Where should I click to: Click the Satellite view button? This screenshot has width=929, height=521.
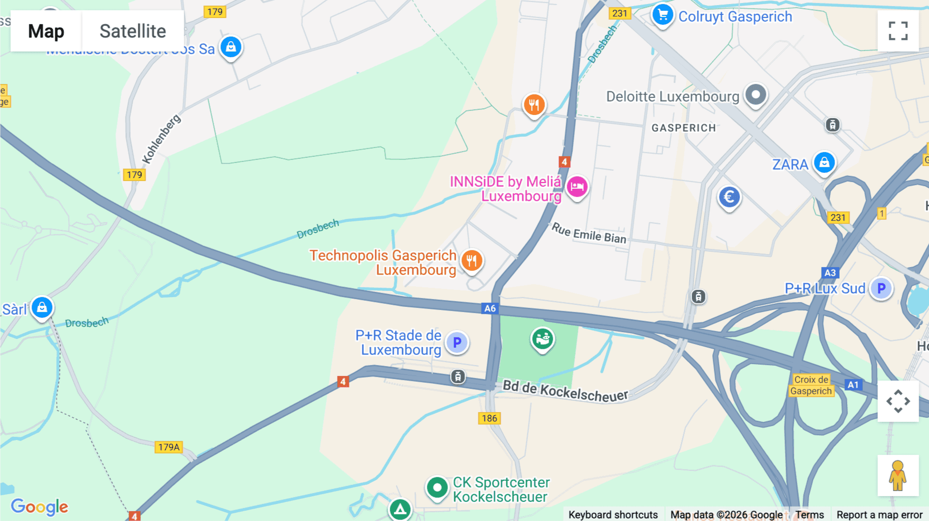pyautogui.click(x=133, y=31)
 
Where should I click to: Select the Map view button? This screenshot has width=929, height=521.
pyautogui.click(x=46, y=31)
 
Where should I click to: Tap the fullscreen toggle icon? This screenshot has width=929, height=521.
pyautogui.click(x=898, y=31)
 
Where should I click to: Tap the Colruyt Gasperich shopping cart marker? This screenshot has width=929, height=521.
pyautogui.click(x=663, y=15)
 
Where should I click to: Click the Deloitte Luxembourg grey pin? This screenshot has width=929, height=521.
pyautogui.click(x=756, y=95)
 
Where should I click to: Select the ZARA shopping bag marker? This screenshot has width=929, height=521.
pyautogui.click(x=824, y=163)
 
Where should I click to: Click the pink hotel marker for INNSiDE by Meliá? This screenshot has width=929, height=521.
pyautogui.click(x=577, y=187)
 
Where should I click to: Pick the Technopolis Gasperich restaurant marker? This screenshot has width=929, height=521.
pyautogui.click(x=472, y=261)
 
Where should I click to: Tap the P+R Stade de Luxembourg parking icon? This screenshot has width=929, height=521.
pyautogui.click(x=457, y=343)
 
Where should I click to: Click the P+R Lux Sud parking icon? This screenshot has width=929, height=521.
pyautogui.click(x=882, y=288)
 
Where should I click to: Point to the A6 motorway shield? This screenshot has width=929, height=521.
pyautogui.click(x=490, y=308)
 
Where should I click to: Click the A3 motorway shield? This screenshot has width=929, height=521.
pyautogui.click(x=830, y=273)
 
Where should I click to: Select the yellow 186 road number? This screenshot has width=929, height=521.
pyautogui.click(x=489, y=418)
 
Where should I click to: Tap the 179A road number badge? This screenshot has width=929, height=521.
pyautogui.click(x=169, y=447)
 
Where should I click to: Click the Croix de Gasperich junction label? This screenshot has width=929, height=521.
pyautogui.click(x=811, y=385)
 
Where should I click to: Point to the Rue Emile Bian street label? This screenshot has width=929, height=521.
pyautogui.click(x=589, y=233)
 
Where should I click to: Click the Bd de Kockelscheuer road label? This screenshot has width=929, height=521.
pyautogui.click(x=565, y=390)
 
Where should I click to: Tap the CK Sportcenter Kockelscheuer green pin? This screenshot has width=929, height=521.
pyautogui.click(x=437, y=487)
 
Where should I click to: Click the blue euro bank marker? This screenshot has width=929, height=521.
pyautogui.click(x=729, y=197)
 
